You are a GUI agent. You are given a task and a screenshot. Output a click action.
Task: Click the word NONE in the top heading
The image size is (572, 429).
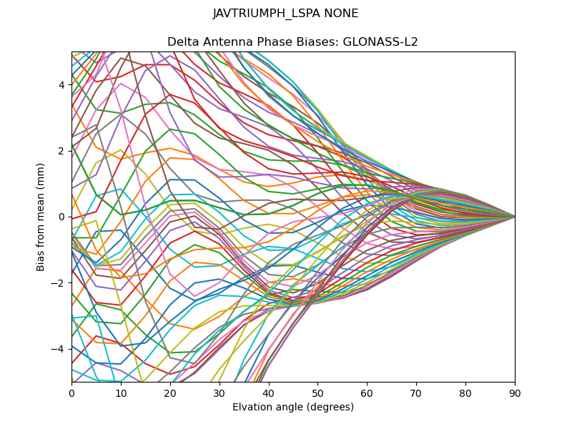[340, 14]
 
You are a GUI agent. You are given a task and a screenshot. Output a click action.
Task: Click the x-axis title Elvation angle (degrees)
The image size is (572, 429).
[293, 408]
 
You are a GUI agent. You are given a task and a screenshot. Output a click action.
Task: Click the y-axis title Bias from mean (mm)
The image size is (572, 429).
[41, 216]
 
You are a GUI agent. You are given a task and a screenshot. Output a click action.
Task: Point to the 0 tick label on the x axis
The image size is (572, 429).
[71, 393]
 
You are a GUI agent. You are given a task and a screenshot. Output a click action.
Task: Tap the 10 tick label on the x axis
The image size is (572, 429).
[121, 393]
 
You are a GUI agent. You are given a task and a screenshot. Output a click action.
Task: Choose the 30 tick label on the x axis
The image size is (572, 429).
[220, 393]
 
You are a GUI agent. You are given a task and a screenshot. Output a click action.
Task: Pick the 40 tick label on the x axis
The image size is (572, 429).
[269, 393]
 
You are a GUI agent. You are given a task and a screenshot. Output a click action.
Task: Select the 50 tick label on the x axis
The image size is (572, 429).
[317, 393]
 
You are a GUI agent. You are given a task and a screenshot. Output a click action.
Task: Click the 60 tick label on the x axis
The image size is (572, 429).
[367, 393]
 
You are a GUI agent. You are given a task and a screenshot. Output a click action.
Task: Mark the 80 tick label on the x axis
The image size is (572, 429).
[465, 393]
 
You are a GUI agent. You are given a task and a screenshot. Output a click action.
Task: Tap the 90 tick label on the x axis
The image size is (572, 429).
[515, 393]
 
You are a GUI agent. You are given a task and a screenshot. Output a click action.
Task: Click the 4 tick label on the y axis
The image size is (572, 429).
[61, 84]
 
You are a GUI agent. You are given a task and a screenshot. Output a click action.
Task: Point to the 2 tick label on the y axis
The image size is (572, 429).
[61, 151]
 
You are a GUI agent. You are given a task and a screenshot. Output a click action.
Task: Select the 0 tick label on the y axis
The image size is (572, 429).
[61, 217]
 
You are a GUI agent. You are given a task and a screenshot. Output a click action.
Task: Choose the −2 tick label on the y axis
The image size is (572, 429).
[59, 282]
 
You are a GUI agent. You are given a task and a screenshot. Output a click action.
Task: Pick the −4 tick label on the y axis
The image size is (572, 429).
[59, 349]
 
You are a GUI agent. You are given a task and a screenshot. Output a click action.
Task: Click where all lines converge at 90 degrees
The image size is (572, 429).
[515, 217]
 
